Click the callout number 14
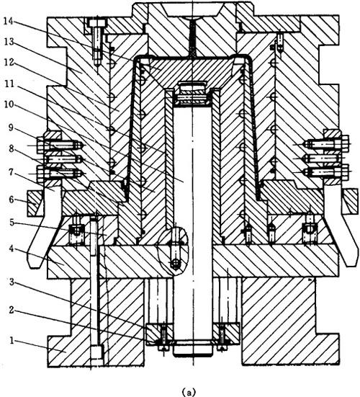coord(9,22)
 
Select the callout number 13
coord(9,42)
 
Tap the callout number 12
coord(9,62)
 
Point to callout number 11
coord(9,84)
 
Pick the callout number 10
coord(9,104)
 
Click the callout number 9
coord(11,128)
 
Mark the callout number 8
coord(11,148)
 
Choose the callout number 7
coord(11,172)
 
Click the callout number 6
coord(12,200)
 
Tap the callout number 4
coord(12,249)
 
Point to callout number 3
coord(12,282)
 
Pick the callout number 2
coord(12,310)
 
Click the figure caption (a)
coord(189,392)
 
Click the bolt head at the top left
coord(97,23)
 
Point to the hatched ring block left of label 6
coord(35,204)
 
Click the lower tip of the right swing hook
coord(351,264)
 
